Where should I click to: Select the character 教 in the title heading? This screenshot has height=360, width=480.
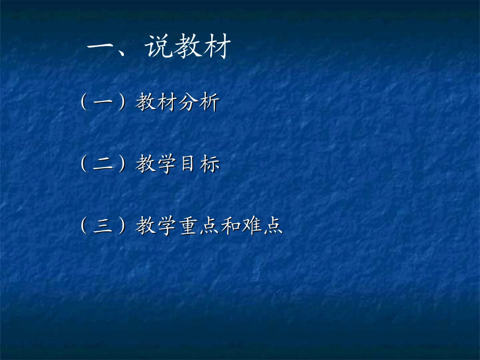point(189,48)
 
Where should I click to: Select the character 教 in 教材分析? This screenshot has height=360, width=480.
point(146,103)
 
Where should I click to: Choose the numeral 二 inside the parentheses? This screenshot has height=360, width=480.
point(103,165)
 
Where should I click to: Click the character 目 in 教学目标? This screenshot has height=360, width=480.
point(187,165)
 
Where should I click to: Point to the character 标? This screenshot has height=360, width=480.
point(210,165)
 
